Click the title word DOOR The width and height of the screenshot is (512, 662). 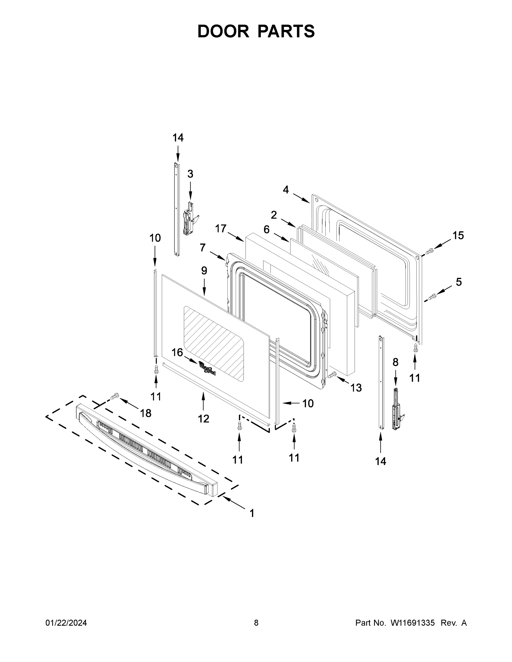[223, 31]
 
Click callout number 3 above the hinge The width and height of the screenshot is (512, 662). [190, 174]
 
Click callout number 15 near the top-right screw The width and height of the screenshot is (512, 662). [458, 236]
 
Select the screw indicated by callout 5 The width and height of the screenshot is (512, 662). [432, 297]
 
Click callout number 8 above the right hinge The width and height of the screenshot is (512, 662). [395, 362]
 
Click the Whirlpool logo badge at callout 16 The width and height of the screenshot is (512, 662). [207, 368]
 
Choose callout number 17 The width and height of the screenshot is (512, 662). [221, 229]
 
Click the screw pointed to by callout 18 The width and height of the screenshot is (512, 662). [115, 396]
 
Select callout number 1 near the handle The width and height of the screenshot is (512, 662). [252, 513]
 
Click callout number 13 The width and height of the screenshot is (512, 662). [356, 388]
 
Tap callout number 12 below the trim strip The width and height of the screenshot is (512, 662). [203, 419]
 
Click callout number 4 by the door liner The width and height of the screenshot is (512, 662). [286, 190]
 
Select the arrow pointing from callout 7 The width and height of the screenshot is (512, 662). [218, 255]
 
